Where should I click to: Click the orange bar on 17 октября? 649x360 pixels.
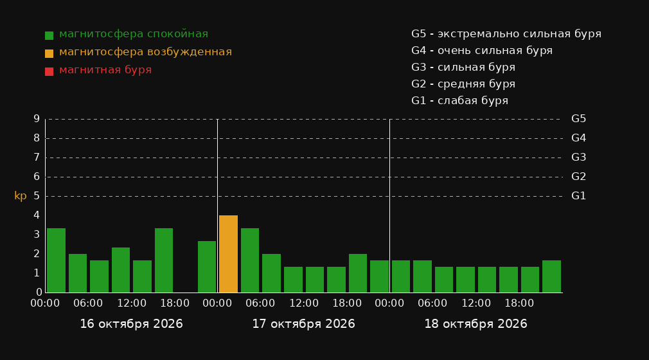[x=228, y=254]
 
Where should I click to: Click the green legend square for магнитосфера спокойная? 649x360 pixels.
[x=49, y=35]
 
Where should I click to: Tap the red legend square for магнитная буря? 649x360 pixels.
[x=49, y=71]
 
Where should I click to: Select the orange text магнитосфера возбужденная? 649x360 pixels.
[x=145, y=52]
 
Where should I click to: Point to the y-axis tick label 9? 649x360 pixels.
[x=37, y=119]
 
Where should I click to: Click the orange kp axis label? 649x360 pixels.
[x=21, y=196]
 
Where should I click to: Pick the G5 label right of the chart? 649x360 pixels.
[x=578, y=119]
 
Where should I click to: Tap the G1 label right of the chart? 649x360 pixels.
[x=578, y=196]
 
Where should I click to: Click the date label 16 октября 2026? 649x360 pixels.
[x=131, y=324]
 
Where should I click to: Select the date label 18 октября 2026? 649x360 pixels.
[x=476, y=324]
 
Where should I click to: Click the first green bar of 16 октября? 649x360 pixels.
[x=56, y=260]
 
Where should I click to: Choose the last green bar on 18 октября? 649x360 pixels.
[x=551, y=276]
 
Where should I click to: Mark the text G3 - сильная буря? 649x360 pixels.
[x=463, y=67]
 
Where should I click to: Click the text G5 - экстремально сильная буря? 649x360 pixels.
[x=506, y=34]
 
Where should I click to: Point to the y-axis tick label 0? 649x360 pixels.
[x=39, y=292]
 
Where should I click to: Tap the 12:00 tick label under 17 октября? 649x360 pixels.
[x=304, y=303]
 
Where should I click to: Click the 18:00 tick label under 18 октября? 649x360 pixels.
[x=519, y=303]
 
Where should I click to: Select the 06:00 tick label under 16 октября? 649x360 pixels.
[x=88, y=303]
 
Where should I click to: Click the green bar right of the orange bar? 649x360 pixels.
[x=250, y=260]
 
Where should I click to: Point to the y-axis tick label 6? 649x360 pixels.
[x=37, y=177]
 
